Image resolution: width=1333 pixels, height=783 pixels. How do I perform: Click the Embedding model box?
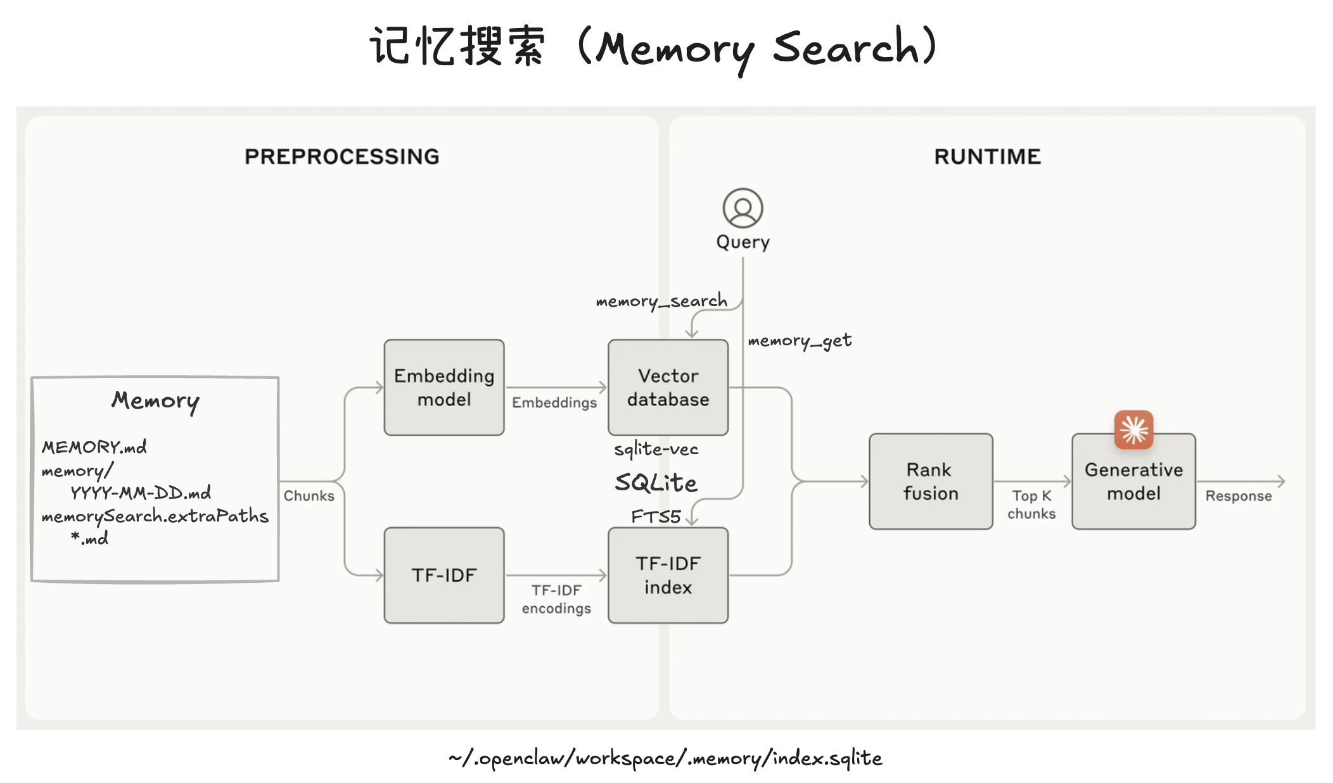click(443, 387)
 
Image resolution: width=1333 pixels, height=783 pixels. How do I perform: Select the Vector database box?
click(668, 387)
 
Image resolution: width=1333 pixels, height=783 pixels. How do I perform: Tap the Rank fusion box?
click(930, 481)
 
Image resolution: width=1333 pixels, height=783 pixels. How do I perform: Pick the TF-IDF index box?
click(668, 575)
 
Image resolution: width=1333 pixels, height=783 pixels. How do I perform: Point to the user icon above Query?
click(743, 208)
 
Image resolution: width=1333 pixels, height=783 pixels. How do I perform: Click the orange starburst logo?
click(1133, 430)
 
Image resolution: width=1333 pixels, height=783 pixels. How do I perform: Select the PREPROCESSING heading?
click(341, 156)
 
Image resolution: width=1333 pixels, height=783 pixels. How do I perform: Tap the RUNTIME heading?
click(987, 156)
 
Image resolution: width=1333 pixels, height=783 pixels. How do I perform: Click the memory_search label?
click(661, 301)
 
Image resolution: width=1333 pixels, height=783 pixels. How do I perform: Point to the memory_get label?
click(800, 341)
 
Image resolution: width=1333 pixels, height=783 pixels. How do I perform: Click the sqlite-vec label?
click(656, 449)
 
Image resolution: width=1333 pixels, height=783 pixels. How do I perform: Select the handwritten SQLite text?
click(656, 483)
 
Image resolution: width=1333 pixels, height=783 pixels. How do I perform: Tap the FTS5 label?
click(655, 517)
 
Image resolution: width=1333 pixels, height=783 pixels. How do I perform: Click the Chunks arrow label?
click(309, 495)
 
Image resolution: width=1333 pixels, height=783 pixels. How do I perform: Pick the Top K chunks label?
click(1031, 504)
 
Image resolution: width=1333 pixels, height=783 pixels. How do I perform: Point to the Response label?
click(1238, 495)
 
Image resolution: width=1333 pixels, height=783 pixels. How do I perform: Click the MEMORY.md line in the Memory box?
click(94, 447)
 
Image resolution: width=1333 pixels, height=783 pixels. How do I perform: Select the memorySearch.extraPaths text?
click(155, 516)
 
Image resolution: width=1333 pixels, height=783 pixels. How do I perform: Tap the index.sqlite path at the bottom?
click(665, 758)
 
